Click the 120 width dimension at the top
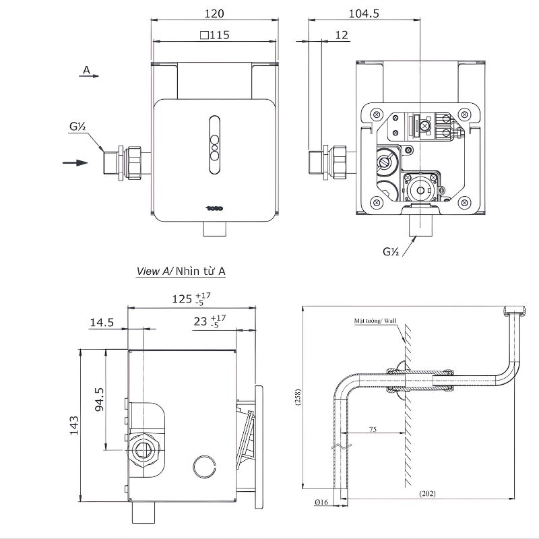[214, 13]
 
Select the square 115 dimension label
[215, 35]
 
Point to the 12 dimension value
[342, 35]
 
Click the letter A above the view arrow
[86, 69]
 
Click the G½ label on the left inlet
[77, 126]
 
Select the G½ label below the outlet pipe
[391, 252]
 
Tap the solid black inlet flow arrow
[75, 162]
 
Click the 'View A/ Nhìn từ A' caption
[181, 271]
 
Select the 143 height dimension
[74, 426]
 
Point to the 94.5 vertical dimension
[98, 400]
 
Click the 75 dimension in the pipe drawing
[372, 427]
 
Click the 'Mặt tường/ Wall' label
[375, 321]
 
